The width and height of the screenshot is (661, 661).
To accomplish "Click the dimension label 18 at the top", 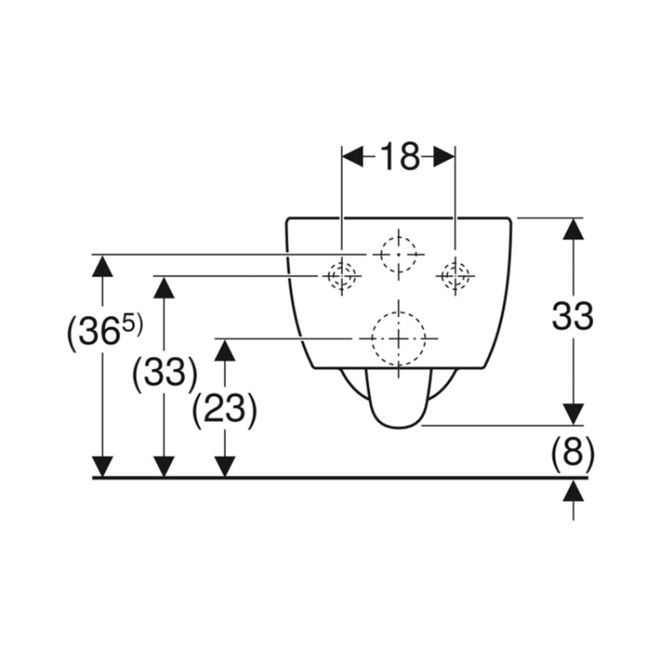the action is (400, 157).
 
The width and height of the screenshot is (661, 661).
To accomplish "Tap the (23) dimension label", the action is (224, 410).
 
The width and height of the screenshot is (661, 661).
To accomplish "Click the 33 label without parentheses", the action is (572, 316).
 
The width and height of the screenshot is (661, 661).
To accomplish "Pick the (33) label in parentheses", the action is (165, 373).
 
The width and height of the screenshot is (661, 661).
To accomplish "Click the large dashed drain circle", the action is (399, 338).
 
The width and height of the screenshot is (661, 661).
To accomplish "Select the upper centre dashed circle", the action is (399, 254).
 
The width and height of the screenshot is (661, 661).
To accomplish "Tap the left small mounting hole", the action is (342, 276).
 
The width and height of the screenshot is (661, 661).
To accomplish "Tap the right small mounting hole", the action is (455, 276).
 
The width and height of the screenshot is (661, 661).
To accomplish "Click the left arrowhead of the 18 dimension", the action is (352, 157).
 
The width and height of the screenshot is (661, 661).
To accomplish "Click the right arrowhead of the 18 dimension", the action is (444, 157).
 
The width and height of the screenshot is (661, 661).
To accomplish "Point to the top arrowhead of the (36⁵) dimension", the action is (102, 266).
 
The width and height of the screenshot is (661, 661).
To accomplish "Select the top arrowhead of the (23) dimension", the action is (225, 350).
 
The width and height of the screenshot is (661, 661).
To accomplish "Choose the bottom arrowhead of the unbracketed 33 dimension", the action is (573, 414).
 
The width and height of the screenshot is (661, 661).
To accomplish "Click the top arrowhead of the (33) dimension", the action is (163, 287).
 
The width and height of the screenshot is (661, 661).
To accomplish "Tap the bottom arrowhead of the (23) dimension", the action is (225, 467).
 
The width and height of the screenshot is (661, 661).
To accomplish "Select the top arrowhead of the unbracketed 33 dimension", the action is (573, 229).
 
